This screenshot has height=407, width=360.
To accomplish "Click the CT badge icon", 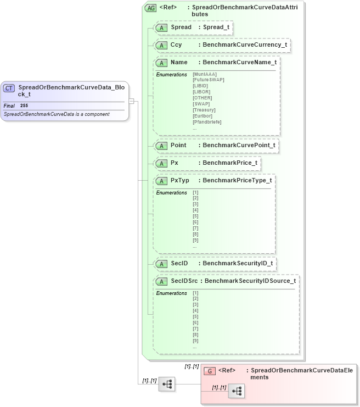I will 9,88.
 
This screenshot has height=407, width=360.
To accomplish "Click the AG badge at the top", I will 150,8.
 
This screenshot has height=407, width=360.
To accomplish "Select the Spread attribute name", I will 181,27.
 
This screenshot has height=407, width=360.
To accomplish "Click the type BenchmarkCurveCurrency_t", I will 245,44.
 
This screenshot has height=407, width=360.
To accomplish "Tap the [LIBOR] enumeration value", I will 201,92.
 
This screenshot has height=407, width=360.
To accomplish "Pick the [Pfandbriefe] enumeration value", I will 207,121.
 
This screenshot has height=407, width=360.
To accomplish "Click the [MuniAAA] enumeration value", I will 205,74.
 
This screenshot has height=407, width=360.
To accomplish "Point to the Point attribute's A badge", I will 162,146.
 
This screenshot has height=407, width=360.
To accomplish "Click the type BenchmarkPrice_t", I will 229,163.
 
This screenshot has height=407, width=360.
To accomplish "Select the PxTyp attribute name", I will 179,181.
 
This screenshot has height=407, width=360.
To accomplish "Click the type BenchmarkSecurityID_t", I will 237,264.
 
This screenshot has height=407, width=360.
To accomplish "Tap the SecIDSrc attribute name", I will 184,281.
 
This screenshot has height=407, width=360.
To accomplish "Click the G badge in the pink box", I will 209,371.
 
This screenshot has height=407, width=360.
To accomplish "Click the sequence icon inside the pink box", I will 237,391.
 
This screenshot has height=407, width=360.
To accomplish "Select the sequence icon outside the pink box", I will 166,384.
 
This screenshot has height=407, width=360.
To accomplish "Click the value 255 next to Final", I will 24,105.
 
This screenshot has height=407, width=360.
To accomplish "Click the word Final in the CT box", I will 9,105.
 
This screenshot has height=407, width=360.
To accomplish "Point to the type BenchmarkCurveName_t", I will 239,63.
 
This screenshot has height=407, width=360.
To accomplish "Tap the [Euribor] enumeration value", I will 203,115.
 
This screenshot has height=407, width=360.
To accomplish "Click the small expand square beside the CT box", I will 131,101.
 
